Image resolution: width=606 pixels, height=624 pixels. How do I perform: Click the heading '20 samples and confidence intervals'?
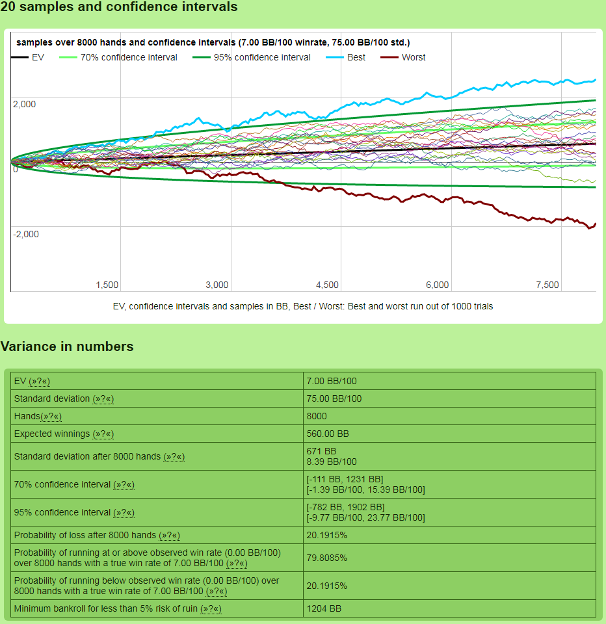119,7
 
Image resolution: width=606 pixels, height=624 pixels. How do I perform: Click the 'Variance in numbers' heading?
67,346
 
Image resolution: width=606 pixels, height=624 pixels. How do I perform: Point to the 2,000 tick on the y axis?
24,104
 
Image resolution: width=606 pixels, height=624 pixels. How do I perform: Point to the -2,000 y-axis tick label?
25,234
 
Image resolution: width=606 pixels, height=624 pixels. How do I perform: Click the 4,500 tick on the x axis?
327,285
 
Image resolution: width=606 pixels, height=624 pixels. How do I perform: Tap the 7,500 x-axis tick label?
547,285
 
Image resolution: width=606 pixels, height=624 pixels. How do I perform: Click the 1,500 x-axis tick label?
107,285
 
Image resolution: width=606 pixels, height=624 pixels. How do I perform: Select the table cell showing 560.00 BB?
328,434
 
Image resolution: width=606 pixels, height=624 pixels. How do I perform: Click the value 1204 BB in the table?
323,609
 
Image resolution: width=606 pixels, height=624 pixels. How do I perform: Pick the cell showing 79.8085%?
326,558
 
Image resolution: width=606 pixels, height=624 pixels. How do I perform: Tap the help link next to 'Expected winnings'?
103,434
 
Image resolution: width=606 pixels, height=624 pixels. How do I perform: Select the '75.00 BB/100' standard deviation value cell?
334,398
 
